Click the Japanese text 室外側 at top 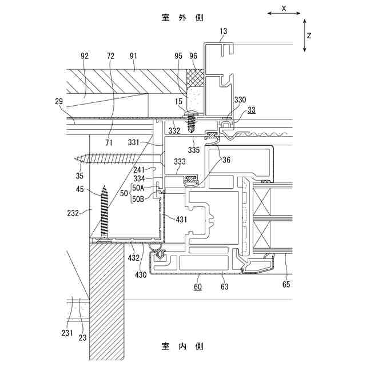pyautogui.click(x=182, y=17)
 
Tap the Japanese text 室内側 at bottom pyautogui.click(x=182, y=346)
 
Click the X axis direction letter pyautogui.click(x=283, y=8)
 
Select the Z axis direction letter pyautogui.click(x=309, y=35)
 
